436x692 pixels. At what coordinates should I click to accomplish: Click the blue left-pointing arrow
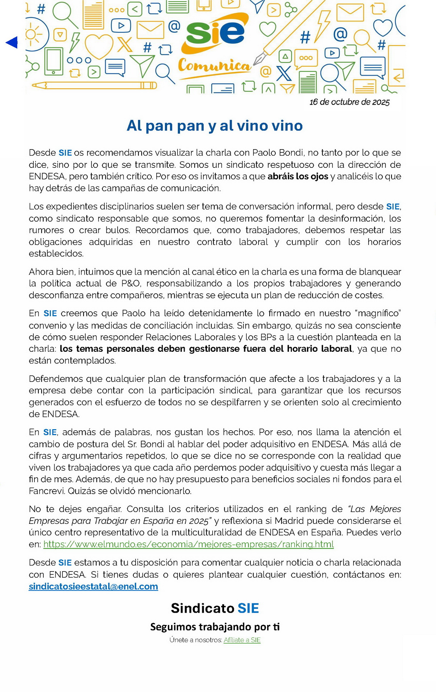click(x=12, y=42)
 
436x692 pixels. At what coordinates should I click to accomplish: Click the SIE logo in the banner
click(x=215, y=33)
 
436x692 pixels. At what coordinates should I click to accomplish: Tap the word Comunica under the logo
click(x=214, y=66)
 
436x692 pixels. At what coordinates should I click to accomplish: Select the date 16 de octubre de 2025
click(x=349, y=102)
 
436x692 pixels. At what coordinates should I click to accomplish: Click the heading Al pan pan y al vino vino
click(x=215, y=125)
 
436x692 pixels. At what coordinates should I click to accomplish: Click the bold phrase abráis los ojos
click(x=298, y=176)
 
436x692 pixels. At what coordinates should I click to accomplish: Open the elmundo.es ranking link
click(x=189, y=544)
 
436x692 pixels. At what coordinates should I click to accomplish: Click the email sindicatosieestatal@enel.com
click(x=93, y=587)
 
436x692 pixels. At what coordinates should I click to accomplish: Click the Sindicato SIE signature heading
click(x=215, y=608)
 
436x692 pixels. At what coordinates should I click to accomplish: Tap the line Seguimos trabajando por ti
click(x=215, y=627)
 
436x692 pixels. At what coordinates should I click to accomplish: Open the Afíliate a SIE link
click(x=242, y=640)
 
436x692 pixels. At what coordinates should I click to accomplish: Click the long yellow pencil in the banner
click(x=94, y=85)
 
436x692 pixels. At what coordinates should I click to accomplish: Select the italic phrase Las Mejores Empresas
click(x=375, y=509)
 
